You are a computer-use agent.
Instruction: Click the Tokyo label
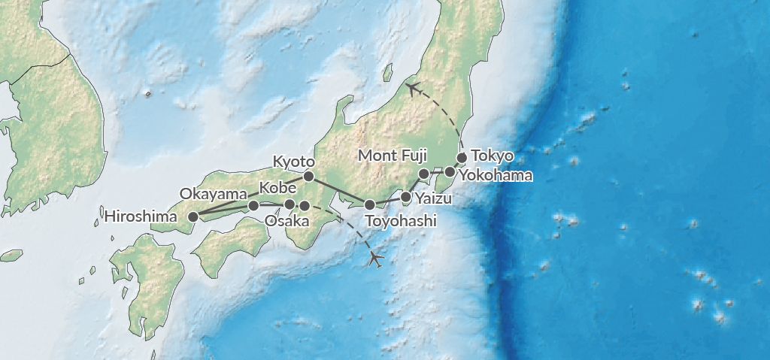click(492, 156)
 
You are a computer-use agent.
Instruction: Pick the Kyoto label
click(294, 161)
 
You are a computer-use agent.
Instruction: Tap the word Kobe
click(277, 187)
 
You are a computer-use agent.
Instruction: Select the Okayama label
click(214, 193)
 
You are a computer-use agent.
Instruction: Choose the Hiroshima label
click(142, 217)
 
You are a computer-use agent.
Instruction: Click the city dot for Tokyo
click(462, 158)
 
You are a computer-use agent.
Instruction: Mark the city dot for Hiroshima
click(192, 216)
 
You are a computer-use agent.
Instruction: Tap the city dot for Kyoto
click(308, 177)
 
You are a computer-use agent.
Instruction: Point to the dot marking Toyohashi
click(369, 204)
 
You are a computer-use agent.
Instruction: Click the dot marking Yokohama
click(450, 171)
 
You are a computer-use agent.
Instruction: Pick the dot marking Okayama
click(253, 205)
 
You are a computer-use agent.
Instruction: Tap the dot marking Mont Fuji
click(423, 174)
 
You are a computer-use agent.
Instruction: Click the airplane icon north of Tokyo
click(412, 89)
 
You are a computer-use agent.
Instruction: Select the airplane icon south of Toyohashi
click(377, 259)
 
